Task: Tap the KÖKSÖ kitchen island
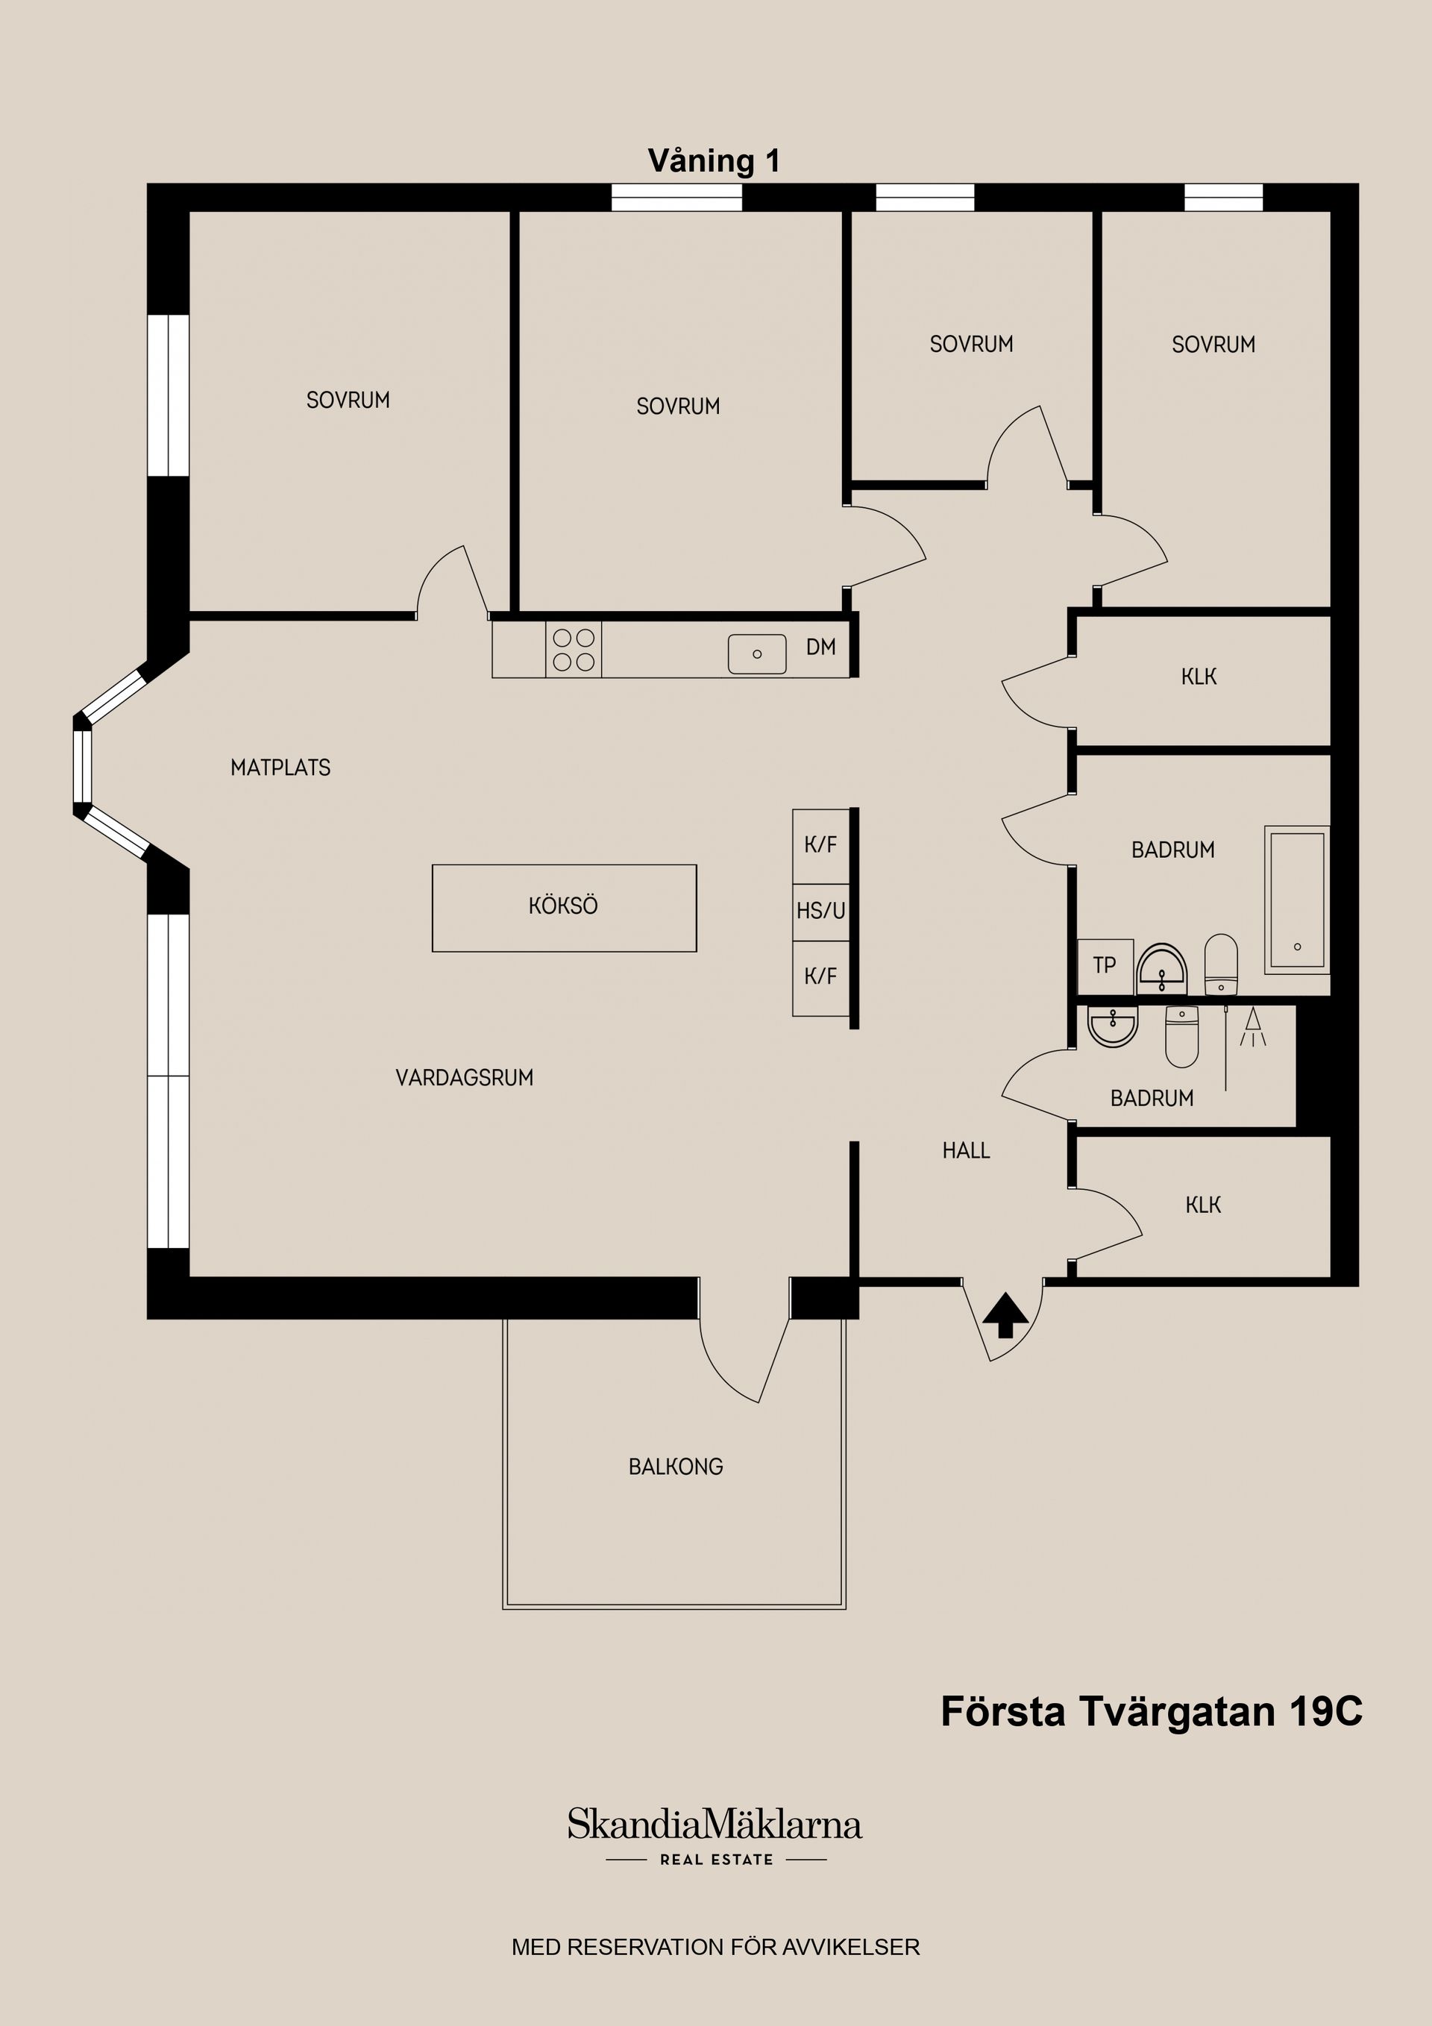click(564, 907)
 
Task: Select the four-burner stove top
click(574, 650)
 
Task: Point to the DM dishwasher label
click(820, 647)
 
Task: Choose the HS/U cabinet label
click(820, 911)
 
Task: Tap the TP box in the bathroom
click(1105, 965)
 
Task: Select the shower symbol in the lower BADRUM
click(1252, 1028)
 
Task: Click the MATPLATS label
click(280, 768)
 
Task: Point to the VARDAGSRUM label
click(464, 1077)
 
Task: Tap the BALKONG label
click(676, 1467)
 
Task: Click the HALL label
click(966, 1151)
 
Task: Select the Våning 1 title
click(714, 161)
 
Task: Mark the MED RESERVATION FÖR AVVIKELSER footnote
click(715, 1947)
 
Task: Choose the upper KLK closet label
click(1199, 677)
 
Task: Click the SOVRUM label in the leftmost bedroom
click(348, 401)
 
